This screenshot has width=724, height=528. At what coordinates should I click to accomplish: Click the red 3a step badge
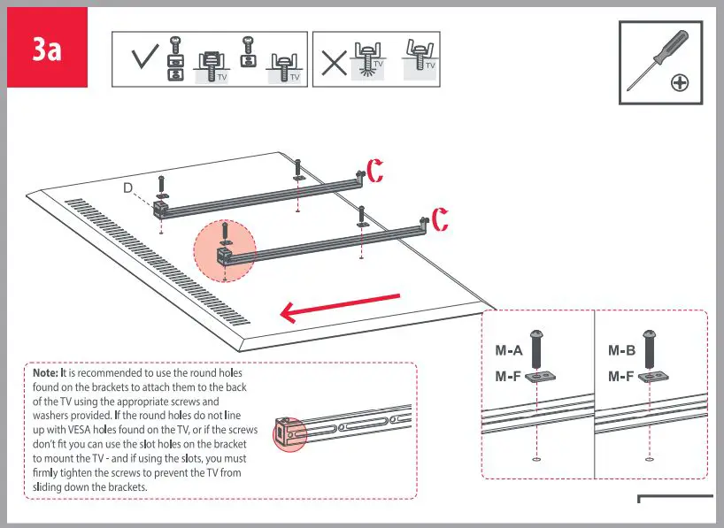pyautogui.click(x=48, y=48)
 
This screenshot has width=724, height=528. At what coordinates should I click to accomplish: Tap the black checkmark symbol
pyautogui.click(x=144, y=60)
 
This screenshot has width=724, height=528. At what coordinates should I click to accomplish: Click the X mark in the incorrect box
pyautogui.click(x=334, y=61)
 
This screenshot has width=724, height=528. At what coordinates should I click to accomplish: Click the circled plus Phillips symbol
pyautogui.click(x=680, y=83)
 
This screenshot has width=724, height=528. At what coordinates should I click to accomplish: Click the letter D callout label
pyautogui.click(x=127, y=187)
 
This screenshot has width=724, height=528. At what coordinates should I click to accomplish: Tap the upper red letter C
pyautogui.click(x=375, y=171)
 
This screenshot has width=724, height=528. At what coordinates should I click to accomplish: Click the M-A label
pyautogui.click(x=509, y=350)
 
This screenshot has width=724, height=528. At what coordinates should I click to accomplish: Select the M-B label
pyautogui.click(x=621, y=350)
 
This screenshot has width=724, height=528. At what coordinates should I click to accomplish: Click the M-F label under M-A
pyautogui.click(x=508, y=376)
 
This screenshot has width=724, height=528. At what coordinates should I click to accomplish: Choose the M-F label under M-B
pyautogui.click(x=621, y=376)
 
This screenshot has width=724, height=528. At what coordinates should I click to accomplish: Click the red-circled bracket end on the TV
pyautogui.click(x=225, y=253)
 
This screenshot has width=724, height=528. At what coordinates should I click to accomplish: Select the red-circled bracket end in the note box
pyautogui.click(x=288, y=433)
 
